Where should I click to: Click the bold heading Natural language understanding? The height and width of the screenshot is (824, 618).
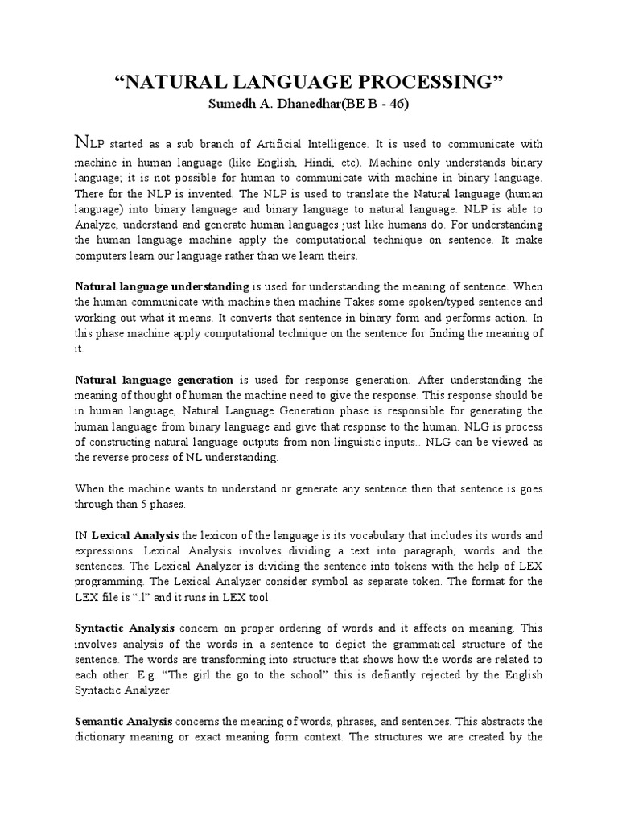click(x=162, y=286)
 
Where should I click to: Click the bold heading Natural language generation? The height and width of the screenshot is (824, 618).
click(x=154, y=380)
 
